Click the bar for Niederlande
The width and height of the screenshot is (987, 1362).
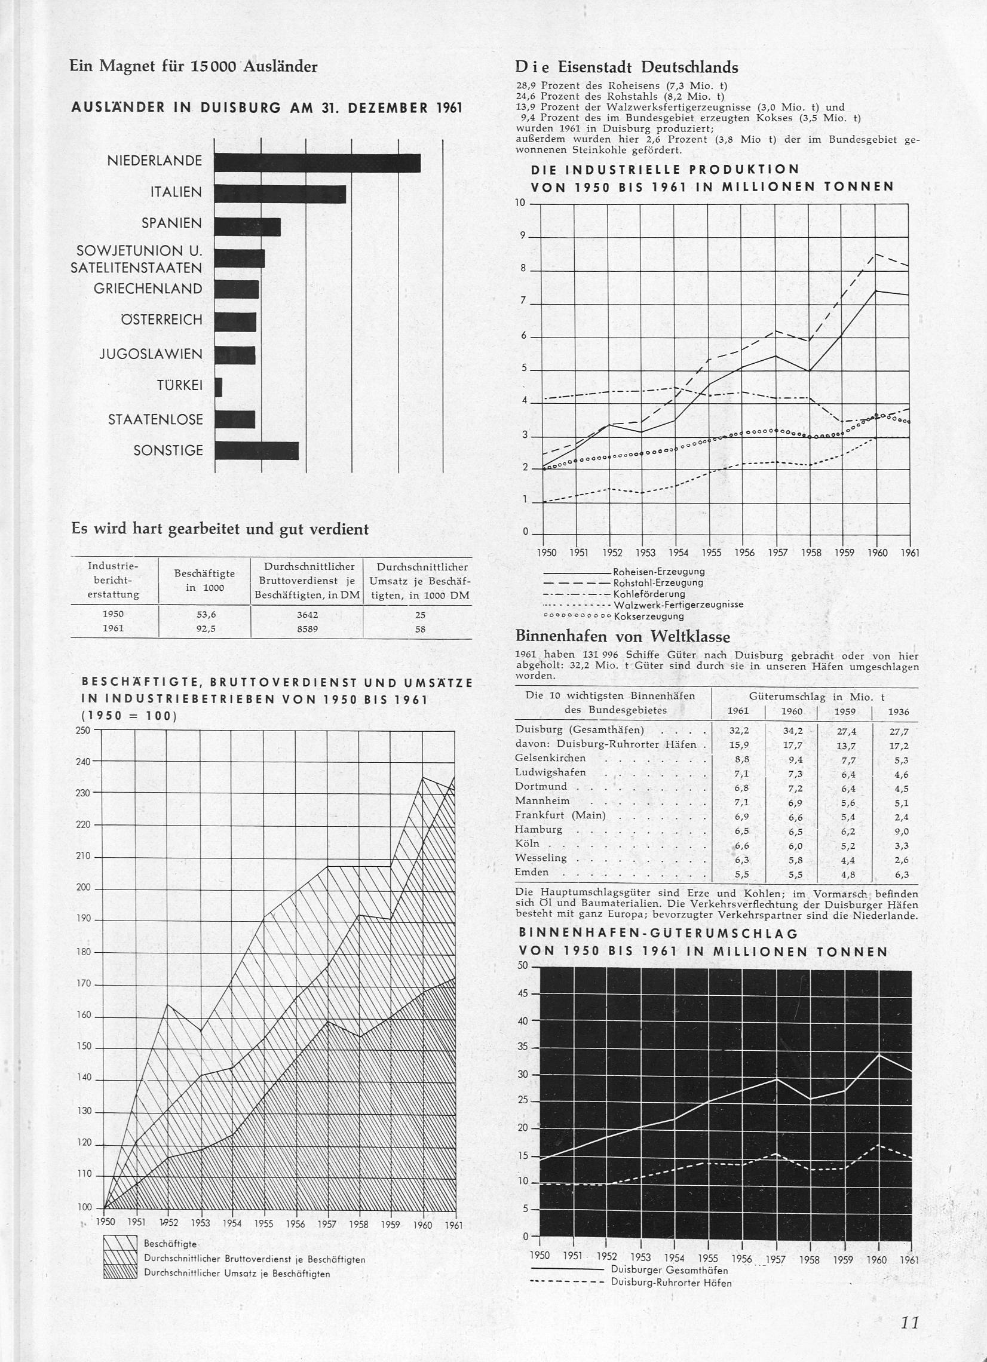[x=317, y=162]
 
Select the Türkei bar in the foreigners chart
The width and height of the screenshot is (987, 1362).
[x=218, y=386]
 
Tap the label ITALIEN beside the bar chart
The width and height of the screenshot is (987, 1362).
[x=176, y=192]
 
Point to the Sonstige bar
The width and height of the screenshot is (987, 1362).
[x=256, y=450]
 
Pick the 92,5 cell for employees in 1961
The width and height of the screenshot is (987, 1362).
[x=206, y=630]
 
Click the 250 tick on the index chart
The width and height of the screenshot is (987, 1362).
[x=83, y=730]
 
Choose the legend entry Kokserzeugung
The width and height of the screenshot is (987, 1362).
[x=649, y=616]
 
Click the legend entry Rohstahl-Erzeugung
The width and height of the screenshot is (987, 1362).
[x=657, y=582]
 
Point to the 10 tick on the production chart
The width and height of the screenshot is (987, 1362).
[x=520, y=203]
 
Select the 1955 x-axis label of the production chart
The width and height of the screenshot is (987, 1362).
[x=711, y=553]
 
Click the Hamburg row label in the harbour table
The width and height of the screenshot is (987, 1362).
[x=539, y=829]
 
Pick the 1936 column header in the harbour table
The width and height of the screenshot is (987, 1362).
[x=898, y=711]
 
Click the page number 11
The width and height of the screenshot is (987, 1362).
[x=909, y=1322]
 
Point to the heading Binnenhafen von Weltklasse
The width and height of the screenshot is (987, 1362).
[x=623, y=636]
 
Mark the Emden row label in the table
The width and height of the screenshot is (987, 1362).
[x=532, y=873]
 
